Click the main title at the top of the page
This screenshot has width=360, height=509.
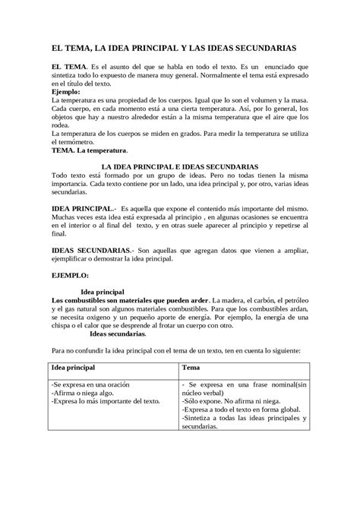(x=179, y=47)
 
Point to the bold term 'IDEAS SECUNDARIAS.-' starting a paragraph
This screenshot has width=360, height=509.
(x=90, y=249)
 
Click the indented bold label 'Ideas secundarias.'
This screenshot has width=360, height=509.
(x=118, y=333)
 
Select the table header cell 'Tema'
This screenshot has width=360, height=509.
(x=191, y=368)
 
